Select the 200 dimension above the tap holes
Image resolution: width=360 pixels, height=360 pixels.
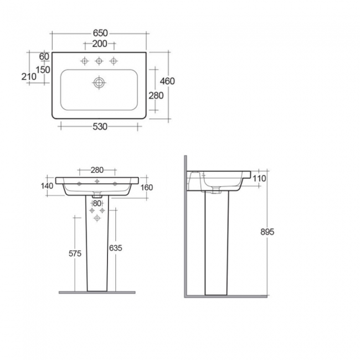point(99,43)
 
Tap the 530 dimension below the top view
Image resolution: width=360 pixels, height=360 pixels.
point(100,127)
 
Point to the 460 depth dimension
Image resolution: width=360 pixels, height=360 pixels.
point(167,81)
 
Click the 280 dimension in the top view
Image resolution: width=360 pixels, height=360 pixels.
point(156,95)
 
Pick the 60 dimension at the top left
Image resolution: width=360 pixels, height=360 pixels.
point(45,56)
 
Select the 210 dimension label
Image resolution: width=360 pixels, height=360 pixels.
point(28,78)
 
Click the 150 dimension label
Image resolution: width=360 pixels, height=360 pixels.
point(44,69)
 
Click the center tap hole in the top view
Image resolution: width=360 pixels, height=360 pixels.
point(99,60)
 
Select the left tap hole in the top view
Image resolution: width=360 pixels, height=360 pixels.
point(85,60)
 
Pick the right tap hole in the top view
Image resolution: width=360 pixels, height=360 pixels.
point(114,60)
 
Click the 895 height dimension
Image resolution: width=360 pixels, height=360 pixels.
point(267,232)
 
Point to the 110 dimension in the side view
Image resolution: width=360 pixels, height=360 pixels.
point(260,178)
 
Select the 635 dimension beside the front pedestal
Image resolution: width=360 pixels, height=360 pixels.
point(115,248)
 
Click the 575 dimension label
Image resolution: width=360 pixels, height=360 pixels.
point(75,254)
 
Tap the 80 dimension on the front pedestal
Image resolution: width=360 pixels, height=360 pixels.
point(97,203)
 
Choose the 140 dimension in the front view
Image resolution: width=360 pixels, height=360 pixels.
point(47,186)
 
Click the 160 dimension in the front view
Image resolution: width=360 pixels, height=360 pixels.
point(147,187)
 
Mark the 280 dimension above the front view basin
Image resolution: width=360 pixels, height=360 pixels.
point(97,169)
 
